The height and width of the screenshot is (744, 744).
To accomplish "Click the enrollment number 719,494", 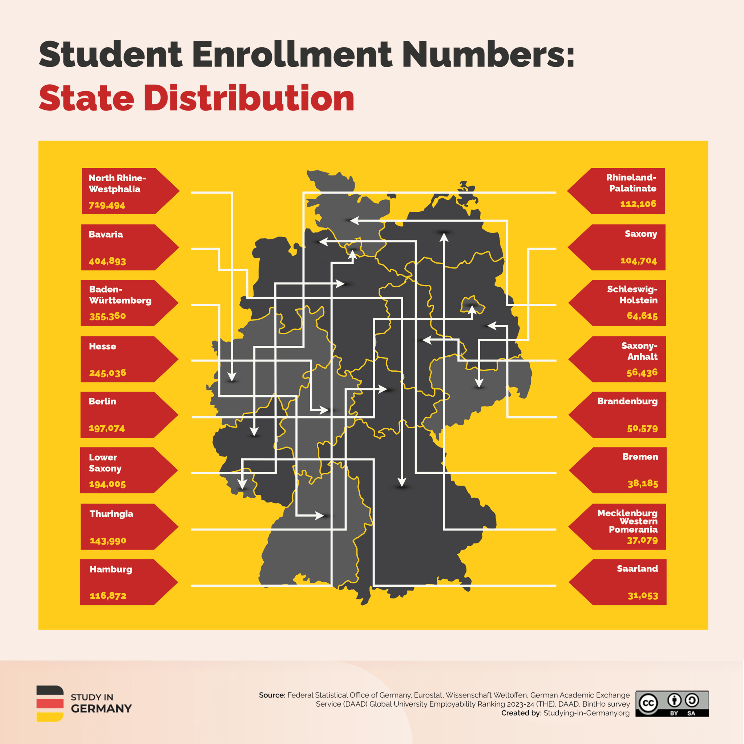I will (x=107, y=205).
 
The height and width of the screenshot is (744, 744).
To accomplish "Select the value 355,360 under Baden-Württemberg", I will (x=108, y=316).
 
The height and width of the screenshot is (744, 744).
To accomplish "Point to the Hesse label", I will (x=102, y=346).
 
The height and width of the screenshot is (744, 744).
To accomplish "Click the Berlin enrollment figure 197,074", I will (x=107, y=428).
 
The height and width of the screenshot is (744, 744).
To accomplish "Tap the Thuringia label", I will (x=111, y=514).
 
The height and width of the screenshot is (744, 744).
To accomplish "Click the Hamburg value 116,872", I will (x=108, y=596).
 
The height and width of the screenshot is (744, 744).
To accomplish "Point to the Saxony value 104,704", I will (x=639, y=261).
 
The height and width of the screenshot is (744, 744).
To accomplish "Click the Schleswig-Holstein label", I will (x=632, y=295).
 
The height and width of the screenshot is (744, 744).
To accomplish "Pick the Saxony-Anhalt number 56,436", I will (x=642, y=372).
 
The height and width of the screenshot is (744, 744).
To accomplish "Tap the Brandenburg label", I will (x=627, y=401).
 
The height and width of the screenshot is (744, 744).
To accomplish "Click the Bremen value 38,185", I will (x=643, y=483).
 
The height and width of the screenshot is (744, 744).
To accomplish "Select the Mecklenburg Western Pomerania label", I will (x=628, y=521).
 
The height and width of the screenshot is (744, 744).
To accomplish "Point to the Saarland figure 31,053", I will (x=643, y=596).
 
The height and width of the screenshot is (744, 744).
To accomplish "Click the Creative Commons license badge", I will (x=672, y=704).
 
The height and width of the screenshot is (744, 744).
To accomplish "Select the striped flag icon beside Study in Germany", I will (x=50, y=704).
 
